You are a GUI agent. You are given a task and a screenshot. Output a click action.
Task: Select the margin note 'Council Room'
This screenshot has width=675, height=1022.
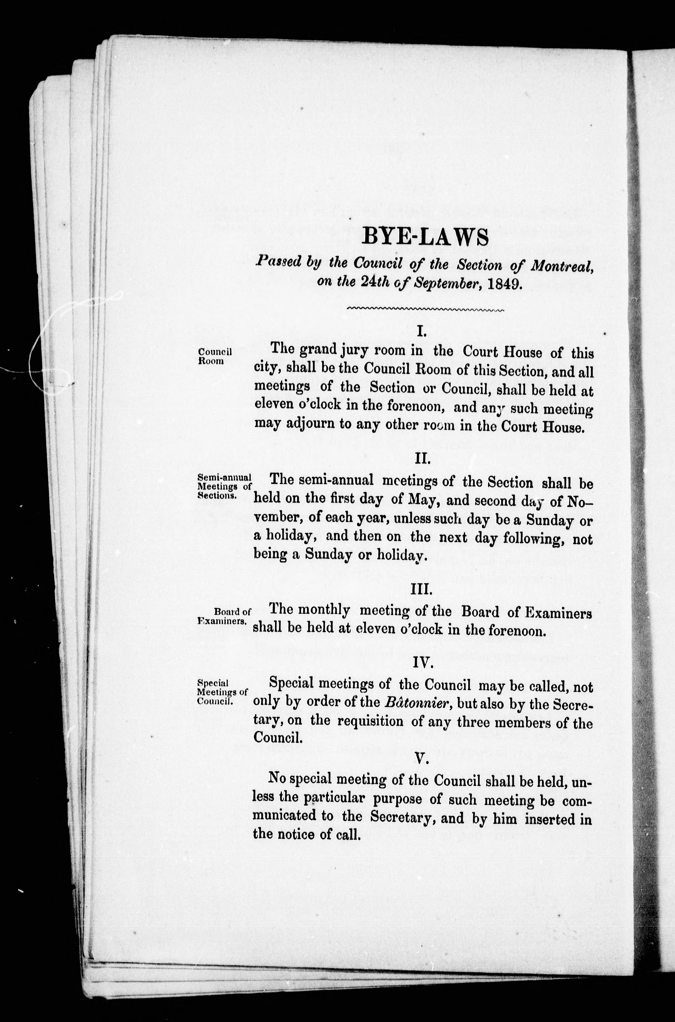pyautogui.click(x=214, y=356)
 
